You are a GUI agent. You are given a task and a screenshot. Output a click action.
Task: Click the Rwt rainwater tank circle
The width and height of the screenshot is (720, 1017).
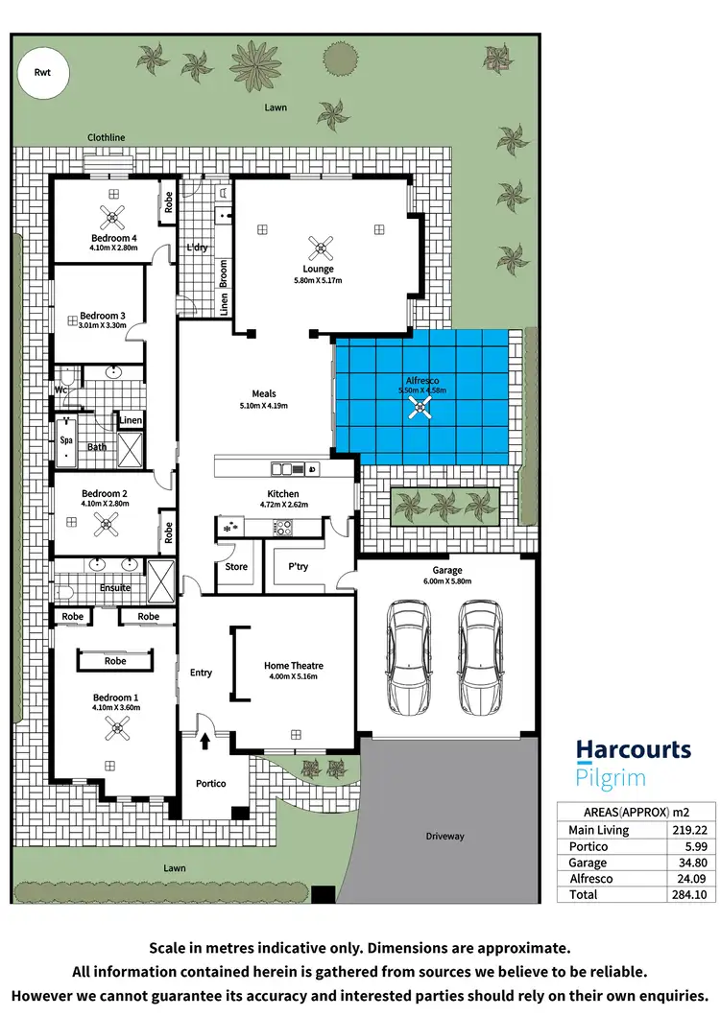click(x=42, y=73)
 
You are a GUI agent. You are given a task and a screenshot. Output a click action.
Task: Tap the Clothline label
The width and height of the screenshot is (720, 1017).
click(x=107, y=138)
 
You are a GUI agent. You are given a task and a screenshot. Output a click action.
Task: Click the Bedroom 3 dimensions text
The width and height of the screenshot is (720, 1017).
click(x=103, y=326)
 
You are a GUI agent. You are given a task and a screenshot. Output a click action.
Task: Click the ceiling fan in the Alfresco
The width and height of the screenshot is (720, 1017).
click(x=420, y=410)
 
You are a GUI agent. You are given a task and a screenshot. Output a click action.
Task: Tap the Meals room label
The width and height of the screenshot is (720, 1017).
click(x=264, y=393)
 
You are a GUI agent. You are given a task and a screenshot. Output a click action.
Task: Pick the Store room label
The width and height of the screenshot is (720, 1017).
click(x=236, y=567)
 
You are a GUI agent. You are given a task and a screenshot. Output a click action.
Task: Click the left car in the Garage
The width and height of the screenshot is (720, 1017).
click(x=410, y=657)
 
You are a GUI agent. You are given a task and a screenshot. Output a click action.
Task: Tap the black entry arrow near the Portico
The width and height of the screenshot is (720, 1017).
click(x=204, y=739)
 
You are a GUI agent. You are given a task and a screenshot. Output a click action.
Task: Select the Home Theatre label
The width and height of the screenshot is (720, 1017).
click(x=293, y=666)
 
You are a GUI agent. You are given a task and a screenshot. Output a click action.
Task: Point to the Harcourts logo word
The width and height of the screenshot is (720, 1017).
click(x=634, y=750)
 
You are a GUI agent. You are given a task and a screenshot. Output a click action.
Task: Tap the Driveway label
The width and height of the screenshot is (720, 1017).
click(x=445, y=837)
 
